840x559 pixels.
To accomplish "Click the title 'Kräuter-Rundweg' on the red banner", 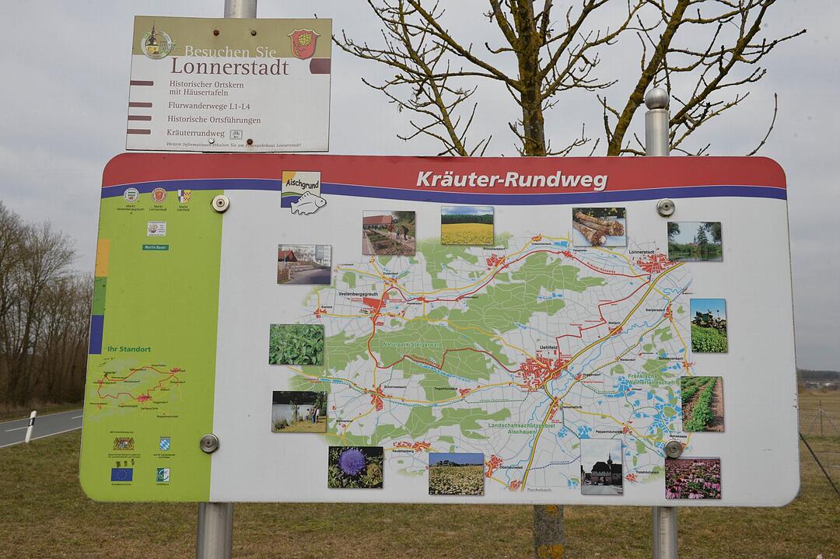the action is pyautogui.click(x=511, y=180).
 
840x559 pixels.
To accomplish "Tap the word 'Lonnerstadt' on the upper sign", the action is pyautogui.click(x=229, y=67).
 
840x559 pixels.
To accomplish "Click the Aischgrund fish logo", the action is pyautogui.click(x=302, y=193).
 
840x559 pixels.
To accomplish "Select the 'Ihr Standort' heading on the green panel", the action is pyautogui.click(x=129, y=349).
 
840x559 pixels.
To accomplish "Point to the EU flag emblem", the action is pyautogui.click(x=121, y=473).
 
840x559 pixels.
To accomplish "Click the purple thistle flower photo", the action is pyautogui.click(x=355, y=466).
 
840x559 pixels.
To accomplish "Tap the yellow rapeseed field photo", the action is pyautogui.click(x=467, y=225).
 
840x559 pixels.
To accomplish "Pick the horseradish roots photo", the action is pyautogui.click(x=599, y=226).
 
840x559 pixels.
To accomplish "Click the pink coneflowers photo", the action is pyautogui.click(x=692, y=477).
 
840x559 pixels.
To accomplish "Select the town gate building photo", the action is pyautogui.click(x=601, y=466).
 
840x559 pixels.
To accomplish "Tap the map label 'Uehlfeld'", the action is pyautogui.click(x=548, y=347).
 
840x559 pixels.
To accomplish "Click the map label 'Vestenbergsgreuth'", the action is pyautogui.click(x=359, y=294).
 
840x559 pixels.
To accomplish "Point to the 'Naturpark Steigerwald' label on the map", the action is pyautogui.click(x=411, y=344).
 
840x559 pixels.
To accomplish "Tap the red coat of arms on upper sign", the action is pyautogui.click(x=303, y=44).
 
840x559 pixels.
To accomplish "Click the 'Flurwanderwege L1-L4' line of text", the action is pyautogui.click(x=208, y=106).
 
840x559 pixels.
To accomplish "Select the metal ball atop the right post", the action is pyautogui.click(x=656, y=98).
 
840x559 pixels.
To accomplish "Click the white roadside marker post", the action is pyautogui.click(x=30, y=426).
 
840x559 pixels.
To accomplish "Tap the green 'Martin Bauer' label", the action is pyautogui.click(x=156, y=247).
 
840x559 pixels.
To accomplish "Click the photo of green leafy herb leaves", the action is pyautogui.click(x=296, y=344).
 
